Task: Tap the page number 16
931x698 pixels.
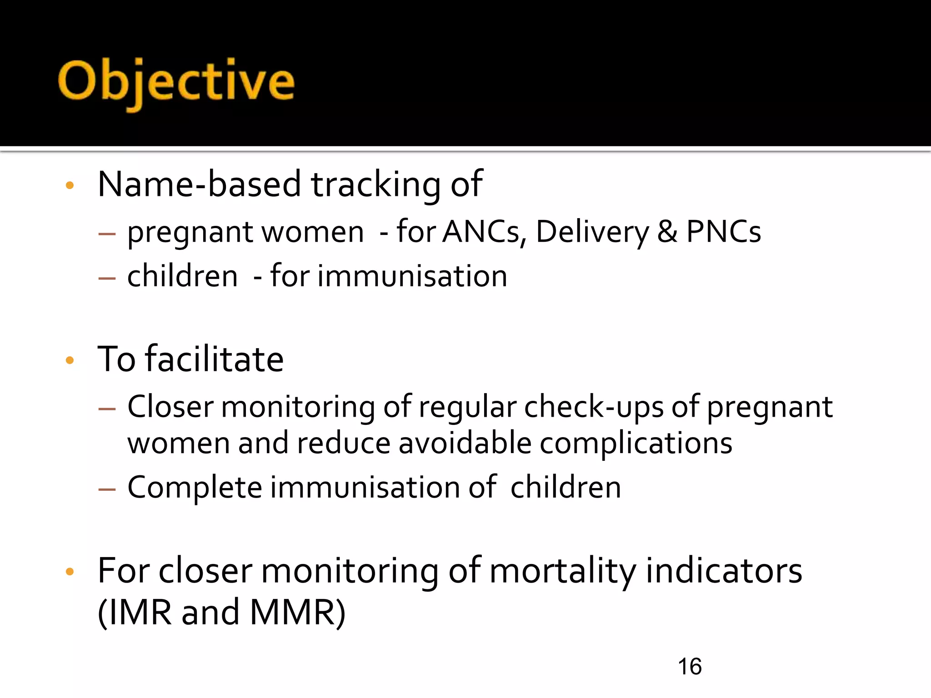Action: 689,667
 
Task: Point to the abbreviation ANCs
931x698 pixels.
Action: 484,232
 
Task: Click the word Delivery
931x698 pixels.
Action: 592,232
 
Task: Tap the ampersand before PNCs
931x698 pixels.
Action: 667,232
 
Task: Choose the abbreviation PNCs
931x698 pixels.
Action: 723,232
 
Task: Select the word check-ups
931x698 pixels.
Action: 594,407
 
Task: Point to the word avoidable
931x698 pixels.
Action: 465,443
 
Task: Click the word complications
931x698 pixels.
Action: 636,443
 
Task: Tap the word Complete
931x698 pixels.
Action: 195,488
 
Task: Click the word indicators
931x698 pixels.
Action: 724,571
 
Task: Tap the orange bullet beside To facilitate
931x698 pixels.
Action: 70,361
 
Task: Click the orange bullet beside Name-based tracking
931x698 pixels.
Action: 70,185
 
